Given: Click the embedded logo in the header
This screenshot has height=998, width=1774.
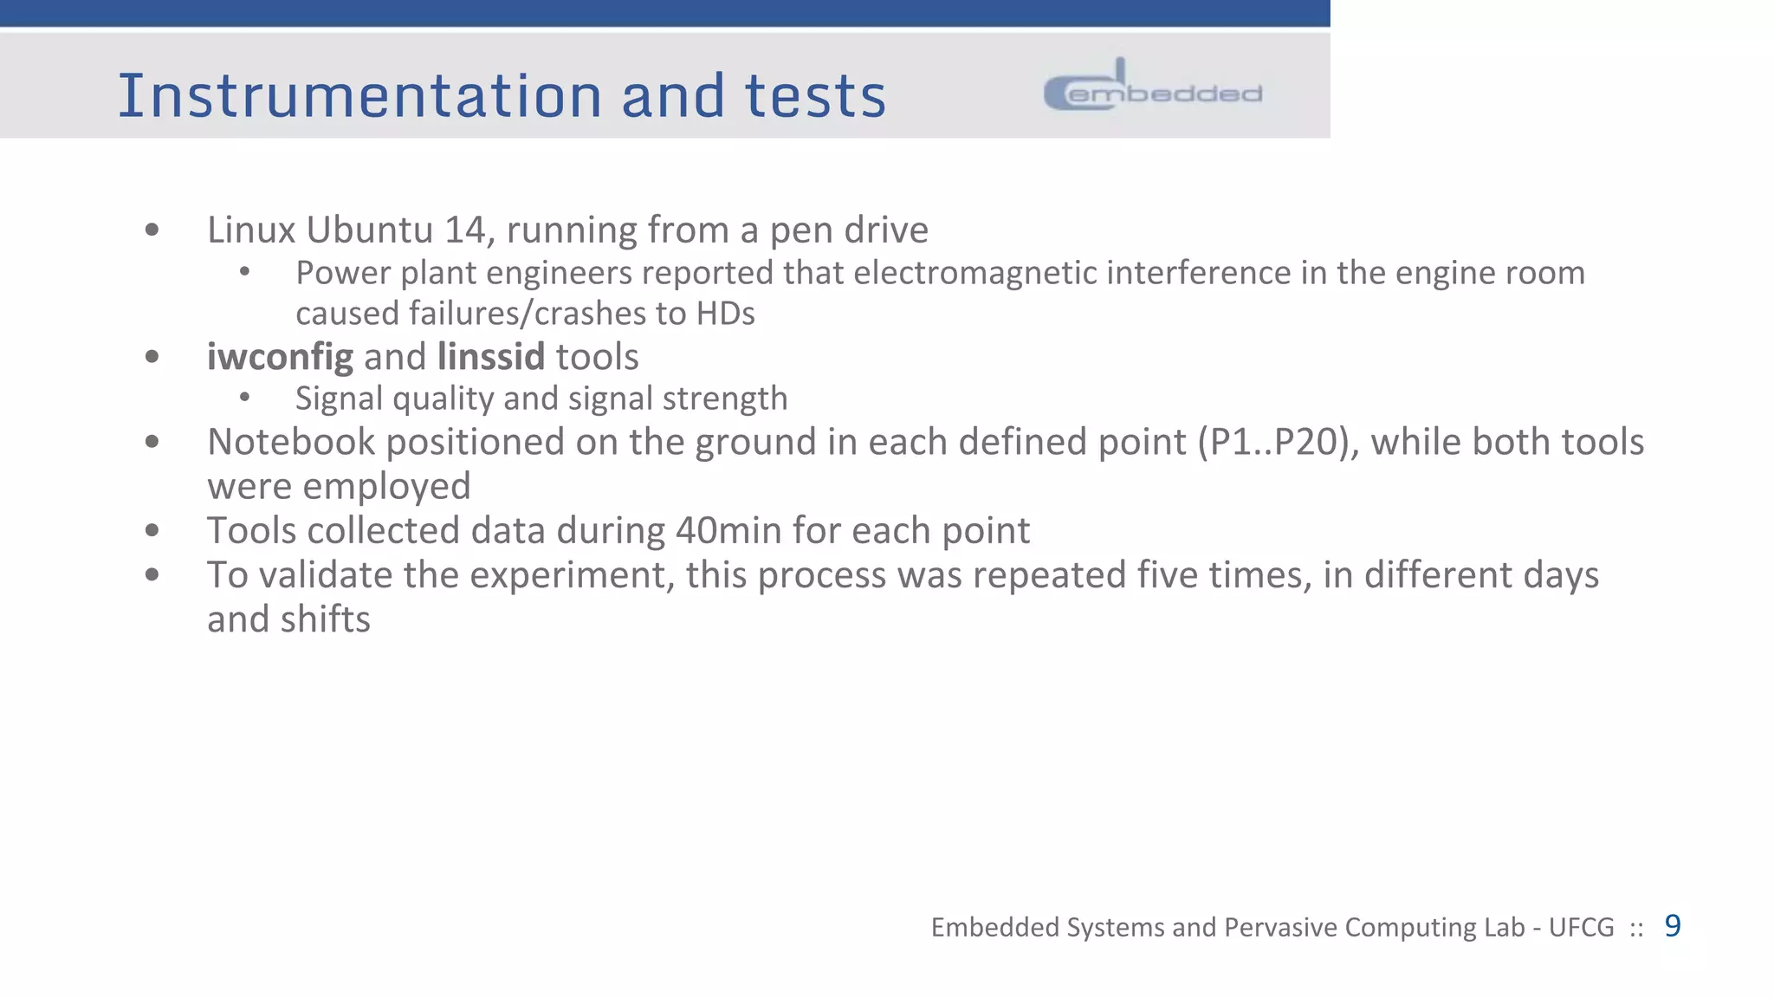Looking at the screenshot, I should coord(1153,87).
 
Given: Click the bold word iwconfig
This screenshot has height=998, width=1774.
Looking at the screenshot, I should coord(280,357).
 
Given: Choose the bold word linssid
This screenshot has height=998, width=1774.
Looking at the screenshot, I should coord(490,357).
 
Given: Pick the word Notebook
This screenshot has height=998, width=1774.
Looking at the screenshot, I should coord(290,443).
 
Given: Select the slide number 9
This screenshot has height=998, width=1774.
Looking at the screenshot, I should coord(1673,926).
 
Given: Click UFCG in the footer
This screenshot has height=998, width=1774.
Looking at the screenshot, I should coord(1581,928).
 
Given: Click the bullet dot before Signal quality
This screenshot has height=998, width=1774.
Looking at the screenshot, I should coord(245,398).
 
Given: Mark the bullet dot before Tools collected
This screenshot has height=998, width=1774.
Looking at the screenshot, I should coord(152,530).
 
